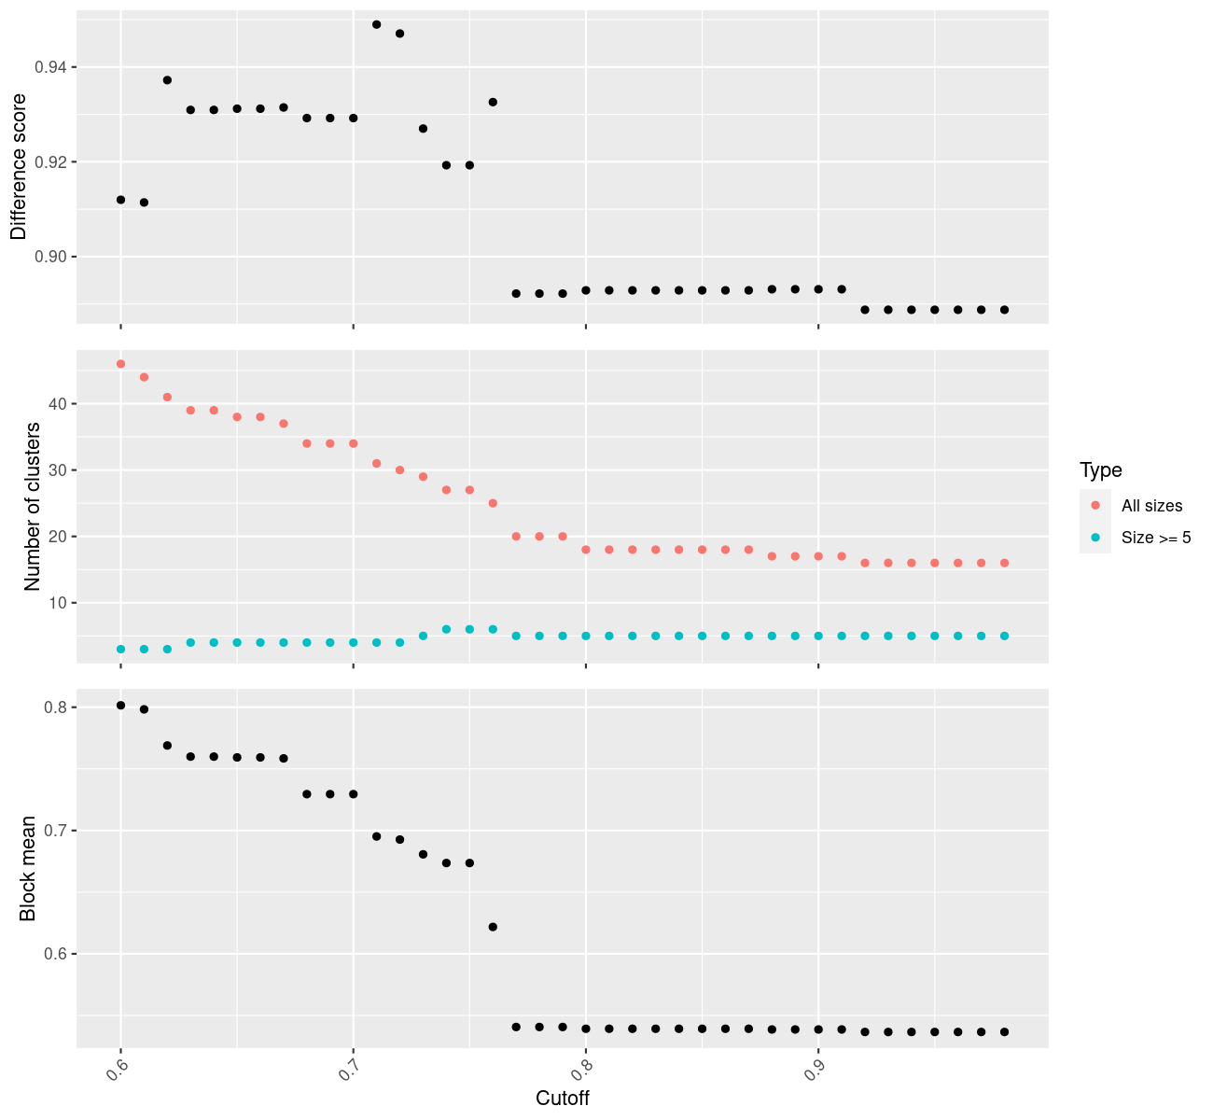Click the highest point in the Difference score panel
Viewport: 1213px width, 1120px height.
tap(377, 24)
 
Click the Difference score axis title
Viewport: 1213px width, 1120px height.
tap(19, 167)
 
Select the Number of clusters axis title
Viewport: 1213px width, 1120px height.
tap(33, 506)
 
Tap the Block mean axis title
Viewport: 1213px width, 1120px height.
tap(28, 868)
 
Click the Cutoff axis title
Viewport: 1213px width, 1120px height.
tap(562, 1098)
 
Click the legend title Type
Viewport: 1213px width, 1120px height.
tap(1100, 469)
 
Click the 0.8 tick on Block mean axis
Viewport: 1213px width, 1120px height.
tap(55, 707)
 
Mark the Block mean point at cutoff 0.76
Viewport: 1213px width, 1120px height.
tap(493, 927)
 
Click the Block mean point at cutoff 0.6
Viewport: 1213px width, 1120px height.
tap(120, 706)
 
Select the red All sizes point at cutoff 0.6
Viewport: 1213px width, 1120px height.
tap(120, 364)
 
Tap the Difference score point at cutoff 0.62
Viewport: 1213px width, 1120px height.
tap(167, 80)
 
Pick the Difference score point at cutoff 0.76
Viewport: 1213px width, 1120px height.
tap(493, 102)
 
